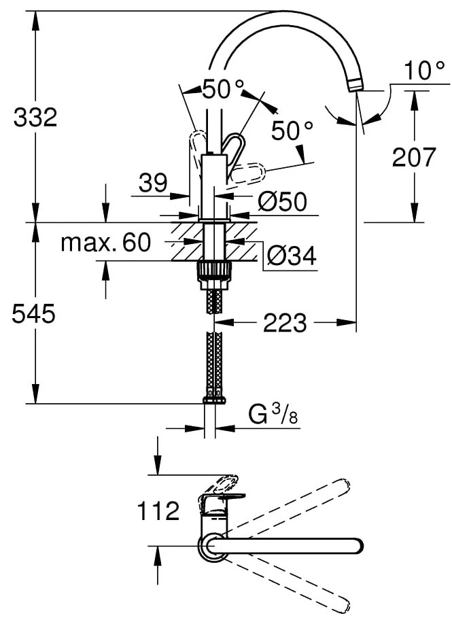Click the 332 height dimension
point(35,118)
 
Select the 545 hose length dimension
point(33,313)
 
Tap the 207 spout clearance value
point(414,157)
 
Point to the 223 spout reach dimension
point(285,322)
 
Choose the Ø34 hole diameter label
point(292,255)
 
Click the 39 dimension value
point(153,183)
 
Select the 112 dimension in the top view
point(158,510)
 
